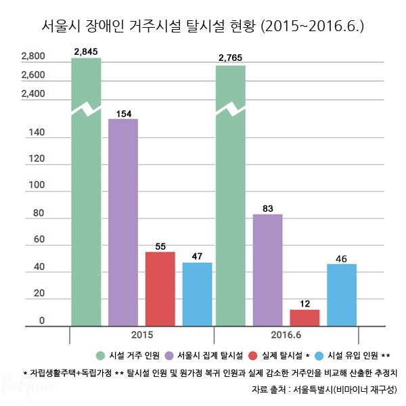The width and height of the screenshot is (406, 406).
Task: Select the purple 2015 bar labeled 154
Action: pos(123,223)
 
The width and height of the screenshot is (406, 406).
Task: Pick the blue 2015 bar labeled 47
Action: pos(197,294)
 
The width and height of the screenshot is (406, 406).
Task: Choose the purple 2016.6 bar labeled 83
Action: pos(267,271)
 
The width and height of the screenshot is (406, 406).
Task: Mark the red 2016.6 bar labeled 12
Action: pos(304,318)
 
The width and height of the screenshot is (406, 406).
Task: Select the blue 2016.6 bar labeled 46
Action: pos(342,295)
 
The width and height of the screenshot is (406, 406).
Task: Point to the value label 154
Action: pos(123,113)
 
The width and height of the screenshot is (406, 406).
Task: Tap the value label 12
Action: pos(304,304)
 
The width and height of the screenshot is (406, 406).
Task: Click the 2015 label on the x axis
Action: pos(141,336)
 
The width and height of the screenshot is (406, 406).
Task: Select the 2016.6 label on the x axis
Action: pos(286,336)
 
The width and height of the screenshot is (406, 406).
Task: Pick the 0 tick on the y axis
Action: pos(41,320)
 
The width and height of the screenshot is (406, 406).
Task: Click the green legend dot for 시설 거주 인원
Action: pos(99,355)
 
